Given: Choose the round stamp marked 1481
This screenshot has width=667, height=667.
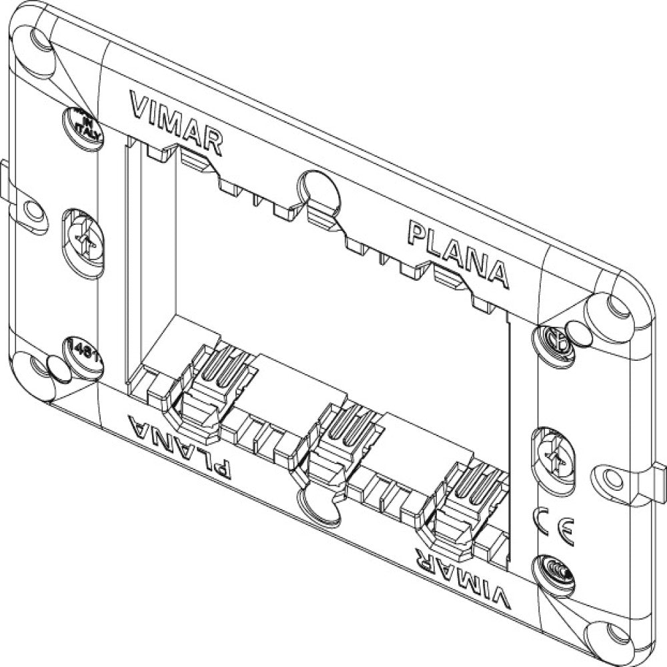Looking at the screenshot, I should coord(83,352).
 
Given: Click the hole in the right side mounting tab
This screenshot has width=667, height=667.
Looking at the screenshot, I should coord(611,478).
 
